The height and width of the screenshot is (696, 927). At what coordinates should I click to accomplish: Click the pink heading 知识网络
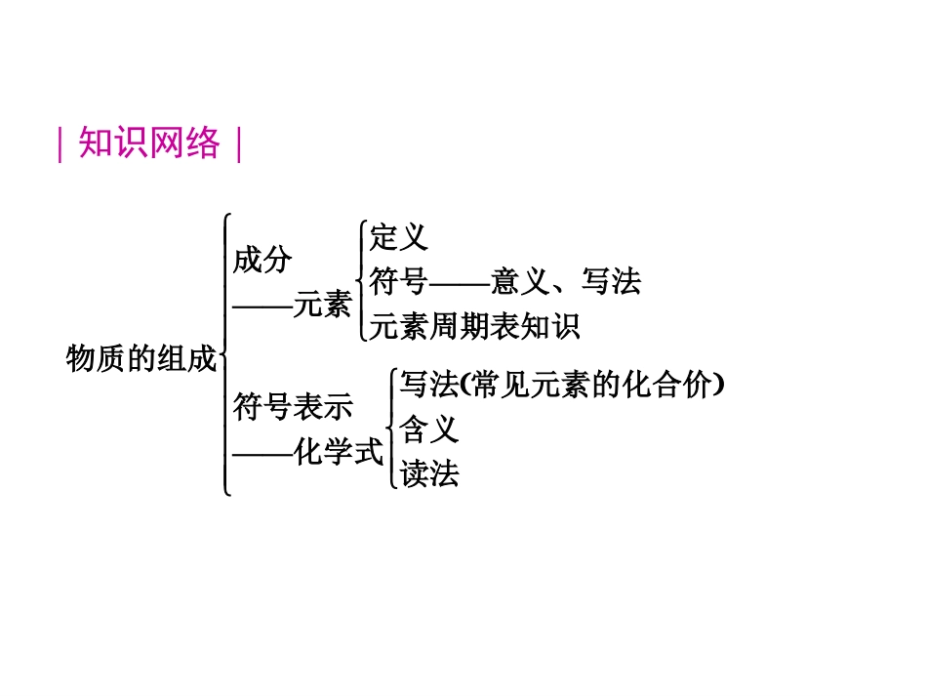pyautogui.click(x=149, y=143)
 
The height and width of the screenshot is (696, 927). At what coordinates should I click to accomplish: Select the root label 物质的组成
pyautogui.click(x=140, y=358)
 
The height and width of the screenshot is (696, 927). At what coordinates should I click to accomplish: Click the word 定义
pyautogui.click(x=398, y=237)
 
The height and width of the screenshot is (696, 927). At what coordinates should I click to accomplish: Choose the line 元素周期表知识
pyautogui.click(x=475, y=326)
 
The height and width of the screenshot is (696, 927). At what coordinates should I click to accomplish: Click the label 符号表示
pyautogui.click(x=292, y=407)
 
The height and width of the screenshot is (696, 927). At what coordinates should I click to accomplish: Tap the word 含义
pyautogui.click(x=428, y=429)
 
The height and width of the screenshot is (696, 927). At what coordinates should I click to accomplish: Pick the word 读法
pyautogui.click(x=428, y=474)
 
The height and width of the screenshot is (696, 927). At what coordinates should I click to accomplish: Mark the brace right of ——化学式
pyautogui.click(x=391, y=429)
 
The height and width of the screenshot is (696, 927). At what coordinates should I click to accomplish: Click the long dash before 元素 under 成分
pyautogui.click(x=262, y=306)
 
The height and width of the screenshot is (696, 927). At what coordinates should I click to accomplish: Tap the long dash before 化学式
pyautogui.click(x=262, y=452)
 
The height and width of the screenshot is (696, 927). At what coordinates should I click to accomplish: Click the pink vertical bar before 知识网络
pyautogui.click(x=60, y=144)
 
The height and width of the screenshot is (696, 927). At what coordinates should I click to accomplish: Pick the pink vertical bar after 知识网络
pyautogui.click(x=238, y=144)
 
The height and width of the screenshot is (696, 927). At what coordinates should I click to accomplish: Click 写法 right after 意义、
pyautogui.click(x=611, y=282)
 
